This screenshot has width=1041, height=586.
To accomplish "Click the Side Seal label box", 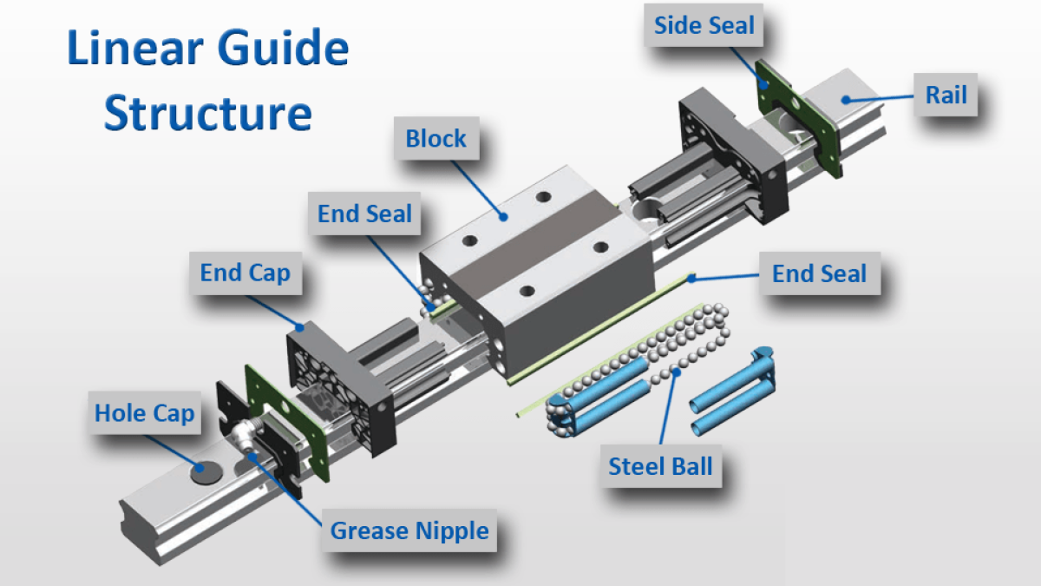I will click(x=704, y=27).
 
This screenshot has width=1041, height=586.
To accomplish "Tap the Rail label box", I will click(x=946, y=94).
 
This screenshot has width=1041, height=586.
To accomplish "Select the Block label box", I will click(x=435, y=138).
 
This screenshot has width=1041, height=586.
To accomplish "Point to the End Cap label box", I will click(x=245, y=273).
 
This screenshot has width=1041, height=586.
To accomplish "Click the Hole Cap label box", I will click(x=144, y=412).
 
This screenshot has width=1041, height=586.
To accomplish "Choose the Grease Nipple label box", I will click(x=409, y=530).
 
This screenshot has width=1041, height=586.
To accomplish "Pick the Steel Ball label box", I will click(x=660, y=465).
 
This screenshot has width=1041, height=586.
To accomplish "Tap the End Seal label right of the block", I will click(x=819, y=274).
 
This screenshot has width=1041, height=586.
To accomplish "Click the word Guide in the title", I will click(x=288, y=49).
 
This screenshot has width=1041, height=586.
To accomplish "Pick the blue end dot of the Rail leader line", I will click(x=844, y=102).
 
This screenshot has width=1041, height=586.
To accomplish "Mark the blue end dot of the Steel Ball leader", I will click(x=673, y=375).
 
